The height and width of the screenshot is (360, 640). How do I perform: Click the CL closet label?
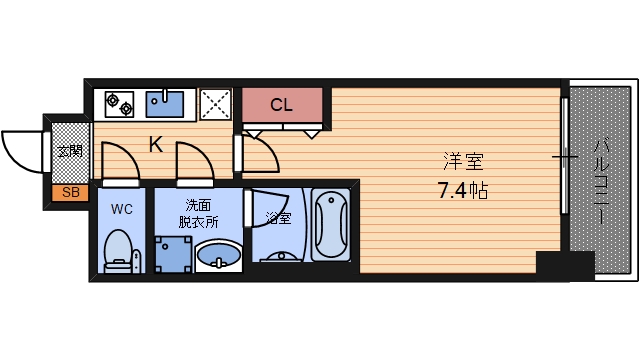(282, 104)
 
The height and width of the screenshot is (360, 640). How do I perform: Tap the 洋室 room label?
(462, 161)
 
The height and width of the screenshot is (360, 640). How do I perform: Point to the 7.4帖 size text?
(462, 189)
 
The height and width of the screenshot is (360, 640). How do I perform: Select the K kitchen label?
(157, 145)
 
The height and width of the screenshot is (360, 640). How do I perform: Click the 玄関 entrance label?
(69, 152)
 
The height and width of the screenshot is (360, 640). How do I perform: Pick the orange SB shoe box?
(69, 192)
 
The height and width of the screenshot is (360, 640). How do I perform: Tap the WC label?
(122, 209)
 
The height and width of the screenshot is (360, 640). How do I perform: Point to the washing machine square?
(171, 254)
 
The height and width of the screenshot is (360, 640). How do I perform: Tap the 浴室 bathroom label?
(277, 215)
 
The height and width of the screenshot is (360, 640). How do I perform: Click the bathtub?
(329, 224)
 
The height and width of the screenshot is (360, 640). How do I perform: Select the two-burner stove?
(119, 103)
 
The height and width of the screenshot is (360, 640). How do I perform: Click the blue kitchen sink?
(166, 103)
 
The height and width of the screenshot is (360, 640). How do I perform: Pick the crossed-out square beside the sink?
(215, 103)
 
